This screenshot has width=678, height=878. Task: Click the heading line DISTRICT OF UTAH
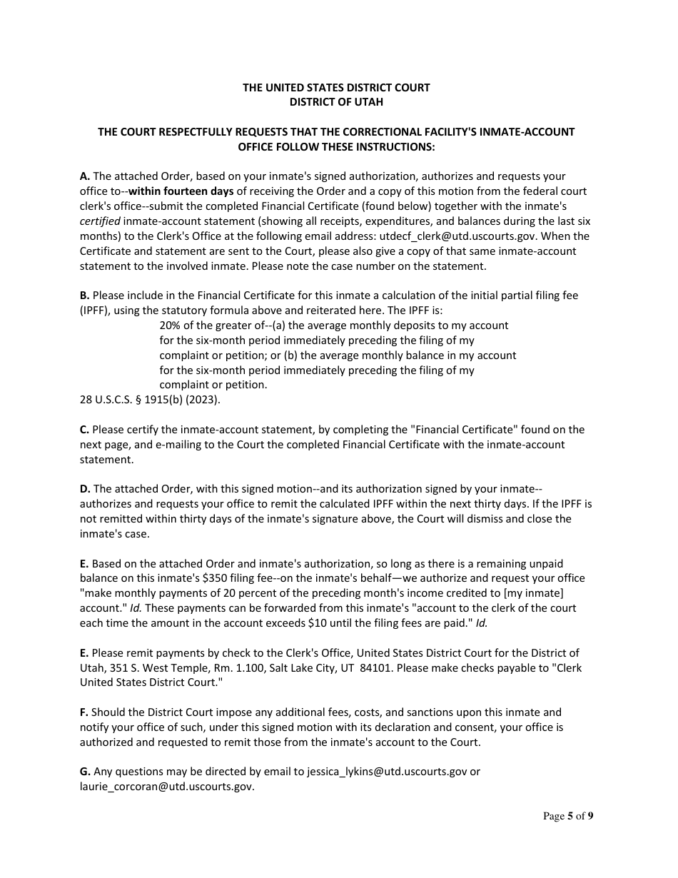(x=336, y=102)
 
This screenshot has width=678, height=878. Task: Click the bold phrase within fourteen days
(x=181, y=191)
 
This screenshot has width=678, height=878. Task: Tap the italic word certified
(x=99, y=221)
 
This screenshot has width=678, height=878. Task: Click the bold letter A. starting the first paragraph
(x=85, y=176)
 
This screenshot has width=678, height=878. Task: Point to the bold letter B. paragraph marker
(x=85, y=296)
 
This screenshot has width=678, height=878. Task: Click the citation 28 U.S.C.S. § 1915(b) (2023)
(x=150, y=400)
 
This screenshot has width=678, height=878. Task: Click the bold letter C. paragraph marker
(x=85, y=430)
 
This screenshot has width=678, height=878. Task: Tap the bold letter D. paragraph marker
(x=85, y=489)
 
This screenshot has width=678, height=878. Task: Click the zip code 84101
(x=375, y=668)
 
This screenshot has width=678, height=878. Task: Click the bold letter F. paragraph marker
(x=84, y=712)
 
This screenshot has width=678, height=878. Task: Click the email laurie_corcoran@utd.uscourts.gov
(x=166, y=787)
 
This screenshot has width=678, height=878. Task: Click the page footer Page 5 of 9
(x=568, y=817)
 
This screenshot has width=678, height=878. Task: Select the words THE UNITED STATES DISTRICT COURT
(x=336, y=88)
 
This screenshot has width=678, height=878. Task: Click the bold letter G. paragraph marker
(x=85, y=772)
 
